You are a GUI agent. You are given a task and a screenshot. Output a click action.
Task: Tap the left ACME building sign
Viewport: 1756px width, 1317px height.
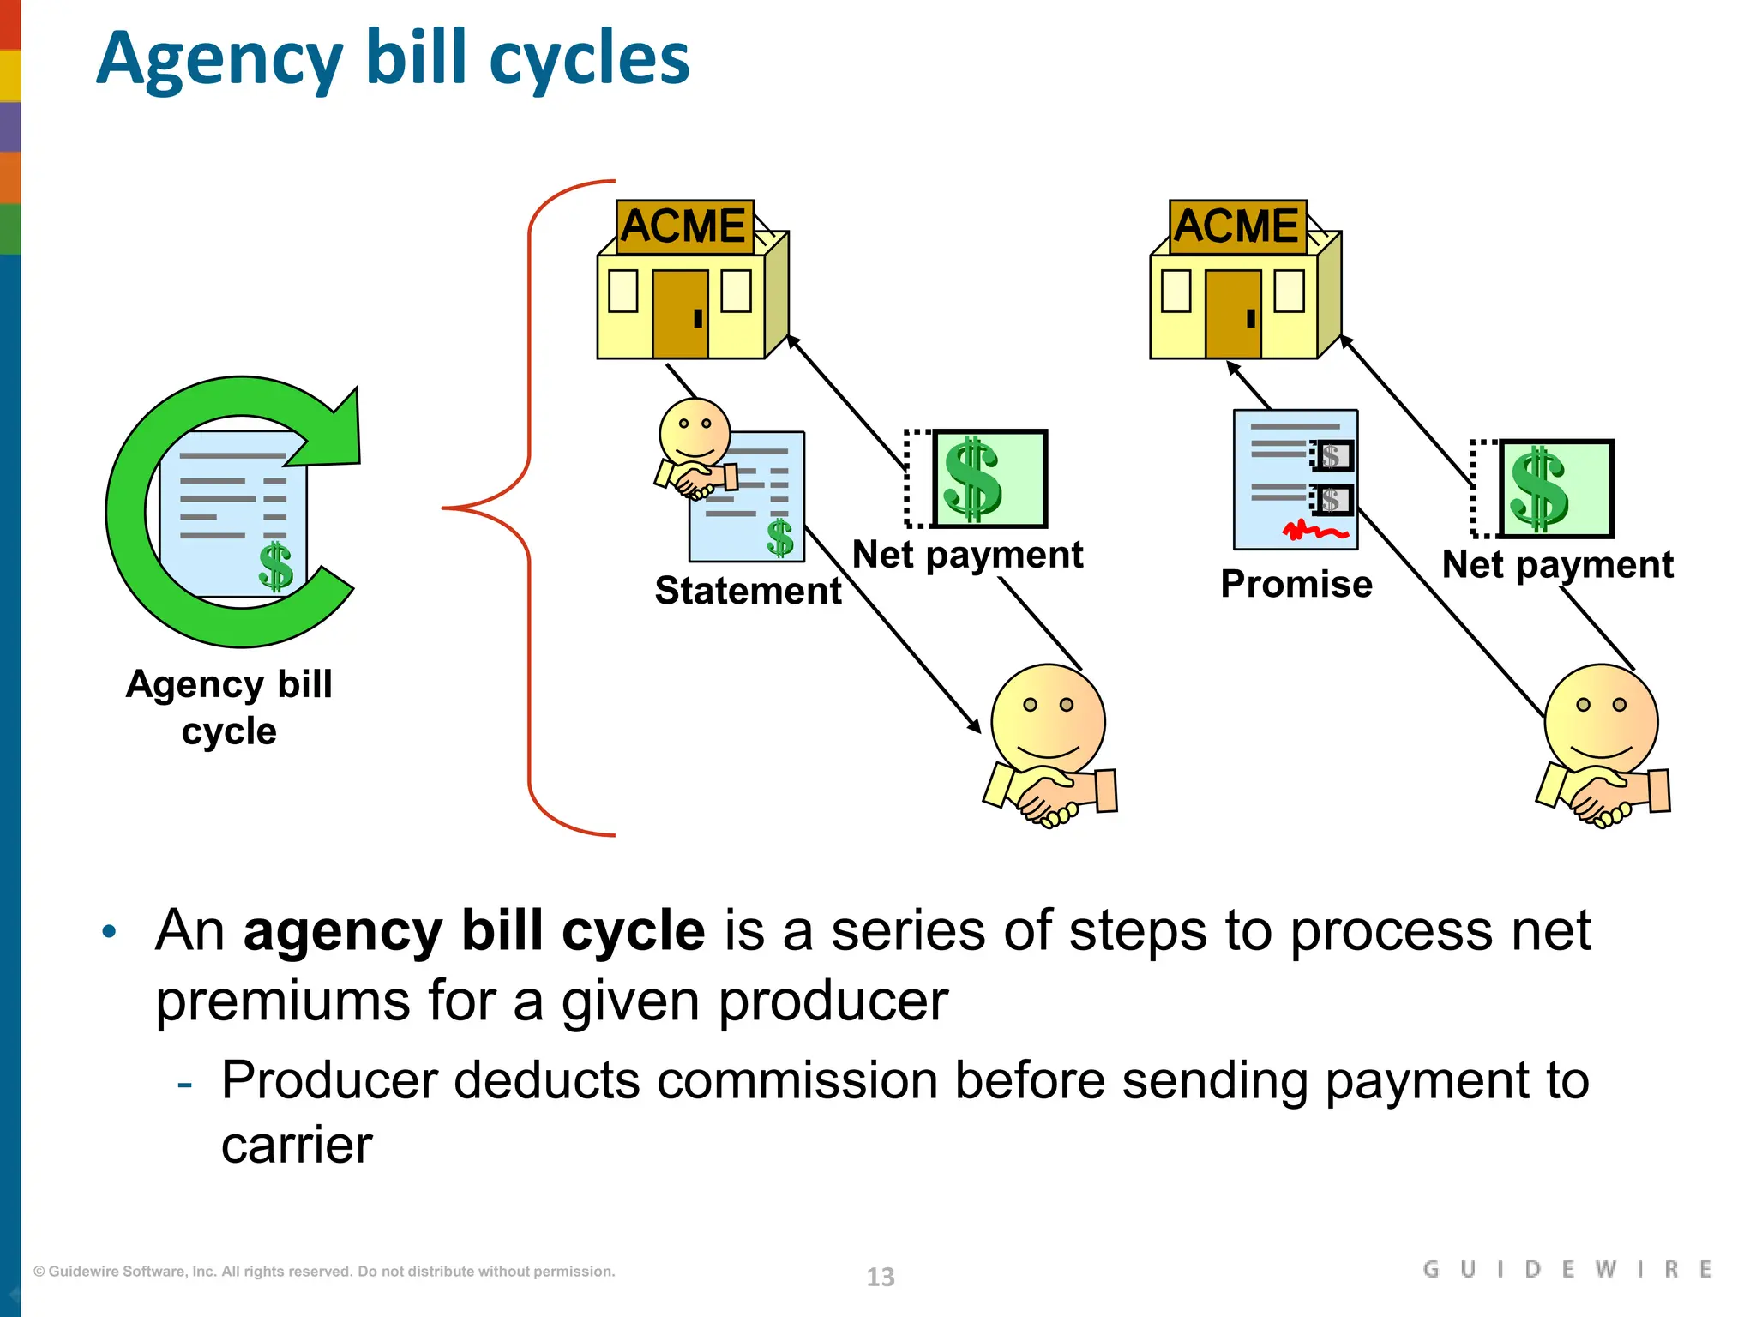point(684,226)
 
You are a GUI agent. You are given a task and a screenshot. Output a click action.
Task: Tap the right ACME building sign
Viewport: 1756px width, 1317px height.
point(1237,226)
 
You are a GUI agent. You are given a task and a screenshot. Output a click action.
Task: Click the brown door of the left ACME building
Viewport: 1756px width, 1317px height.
point(680,314)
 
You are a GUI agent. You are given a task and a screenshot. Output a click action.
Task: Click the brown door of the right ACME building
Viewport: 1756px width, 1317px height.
point(1233,314)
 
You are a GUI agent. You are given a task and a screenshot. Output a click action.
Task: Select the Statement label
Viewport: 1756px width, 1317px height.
point(748,591)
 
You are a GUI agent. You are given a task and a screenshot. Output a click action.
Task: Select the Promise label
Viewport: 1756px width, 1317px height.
point(1296,584)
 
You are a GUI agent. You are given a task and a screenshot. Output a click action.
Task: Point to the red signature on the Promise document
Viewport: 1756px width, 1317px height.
point(1313,532)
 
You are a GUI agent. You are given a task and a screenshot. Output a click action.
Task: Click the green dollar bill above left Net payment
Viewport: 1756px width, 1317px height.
point(989,478)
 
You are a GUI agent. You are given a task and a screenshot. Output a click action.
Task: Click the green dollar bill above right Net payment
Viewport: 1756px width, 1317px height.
point(1555,489)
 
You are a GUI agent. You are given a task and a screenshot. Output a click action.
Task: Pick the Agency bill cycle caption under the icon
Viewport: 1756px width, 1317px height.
point(229,707)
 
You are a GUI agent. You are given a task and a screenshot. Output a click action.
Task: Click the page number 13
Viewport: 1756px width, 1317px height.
point(881,1277)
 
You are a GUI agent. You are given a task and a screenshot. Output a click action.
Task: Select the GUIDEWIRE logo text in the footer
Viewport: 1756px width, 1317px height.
point(1567,1269)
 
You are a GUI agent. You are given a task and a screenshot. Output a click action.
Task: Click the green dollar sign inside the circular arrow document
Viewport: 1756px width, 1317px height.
point(276,567)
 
